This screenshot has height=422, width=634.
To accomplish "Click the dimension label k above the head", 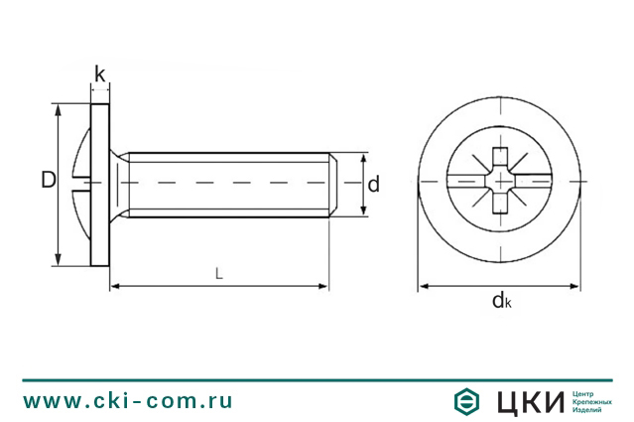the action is (x=100, y=74).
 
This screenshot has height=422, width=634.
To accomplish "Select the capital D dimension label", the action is (x=49, y=180).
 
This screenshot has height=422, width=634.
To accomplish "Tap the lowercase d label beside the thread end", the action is (x=374, y=184).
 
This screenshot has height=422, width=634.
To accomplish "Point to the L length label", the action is (x=218, y=274).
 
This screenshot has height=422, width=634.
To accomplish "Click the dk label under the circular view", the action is (x=502, y=300).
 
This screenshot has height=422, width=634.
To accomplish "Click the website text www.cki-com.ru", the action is (x=128, y=401).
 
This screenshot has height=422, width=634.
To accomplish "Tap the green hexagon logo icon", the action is (x=466, y=401).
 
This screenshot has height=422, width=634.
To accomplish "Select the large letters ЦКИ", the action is (x=531, y=402).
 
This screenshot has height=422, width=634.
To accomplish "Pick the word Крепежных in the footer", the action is (x=592, y=402).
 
